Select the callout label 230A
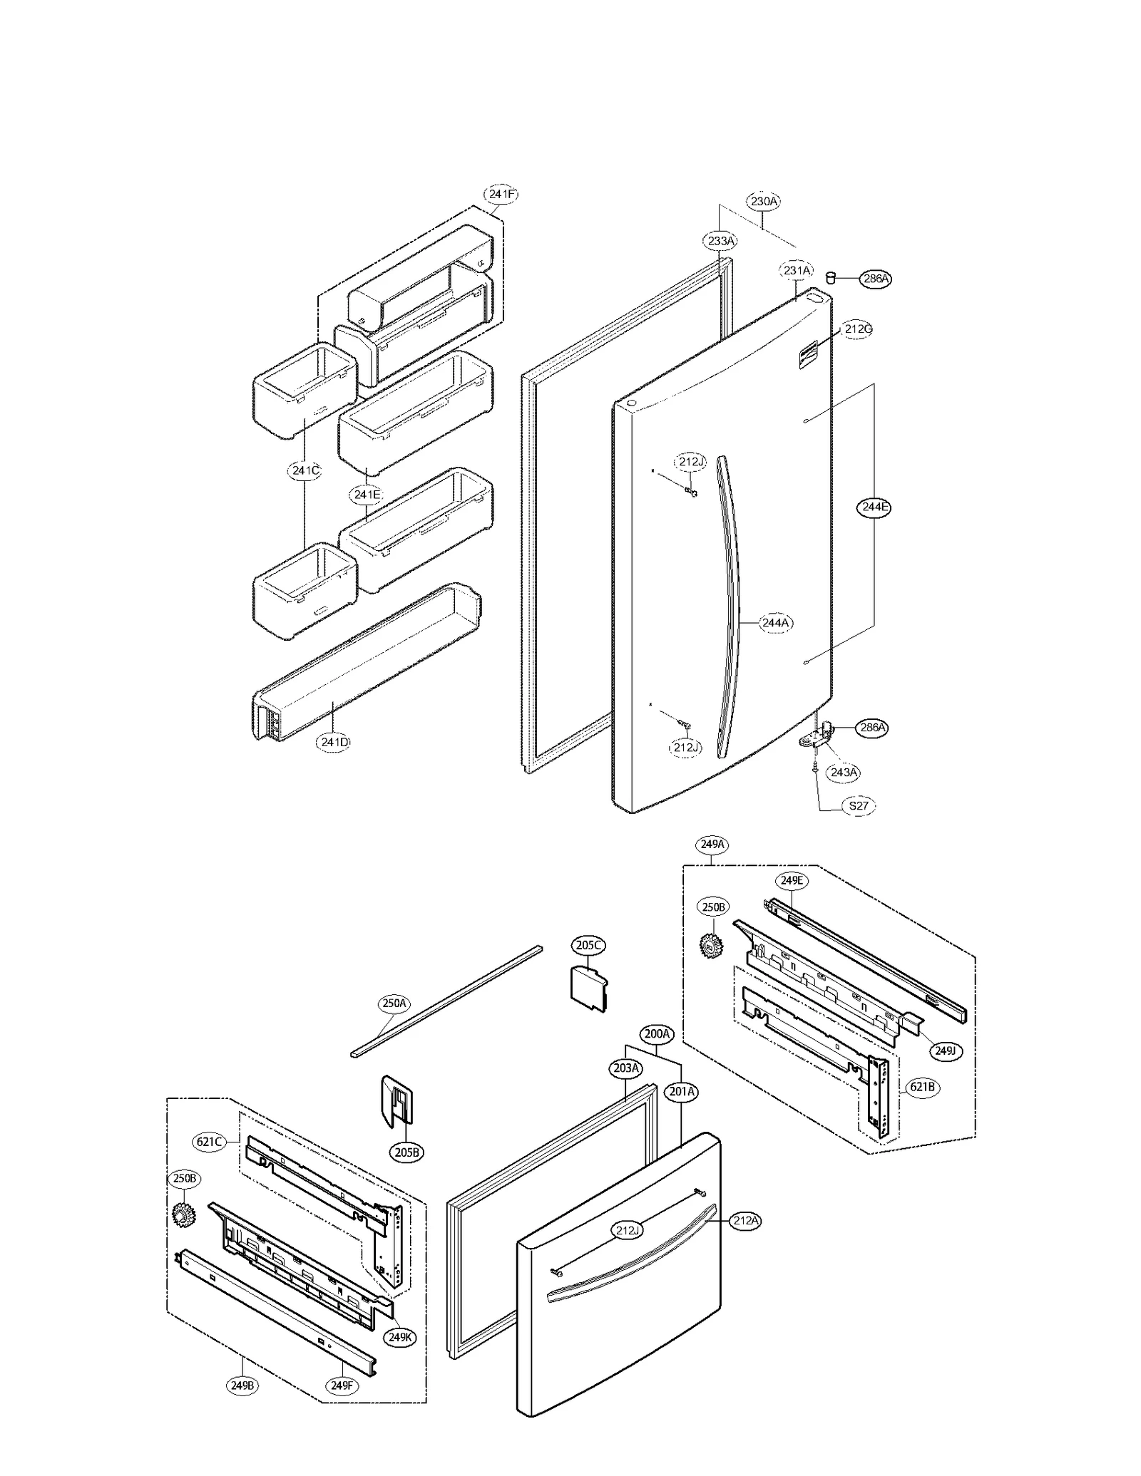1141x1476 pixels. (x=762, y=202)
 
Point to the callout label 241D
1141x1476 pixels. (x=334, y=742)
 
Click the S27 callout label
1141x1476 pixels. (x=858, y=806)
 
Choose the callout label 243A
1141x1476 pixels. (x=844, y=772)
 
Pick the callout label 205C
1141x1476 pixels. (x=589, y=946)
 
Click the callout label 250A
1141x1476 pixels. (x=394, y=1003)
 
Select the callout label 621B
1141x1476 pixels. (x=921, y=1087)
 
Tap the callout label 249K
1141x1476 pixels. (x=399, y=1338)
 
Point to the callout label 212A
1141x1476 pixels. (x=745, y=1221)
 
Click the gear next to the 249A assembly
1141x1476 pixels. (x=711, y=945)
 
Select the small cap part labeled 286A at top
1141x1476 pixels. (x=830, y=277)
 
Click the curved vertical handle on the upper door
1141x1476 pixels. (x=730, y=606)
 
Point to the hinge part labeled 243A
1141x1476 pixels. (x=816, y=739)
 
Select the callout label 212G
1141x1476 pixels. (x=857, y=329)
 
